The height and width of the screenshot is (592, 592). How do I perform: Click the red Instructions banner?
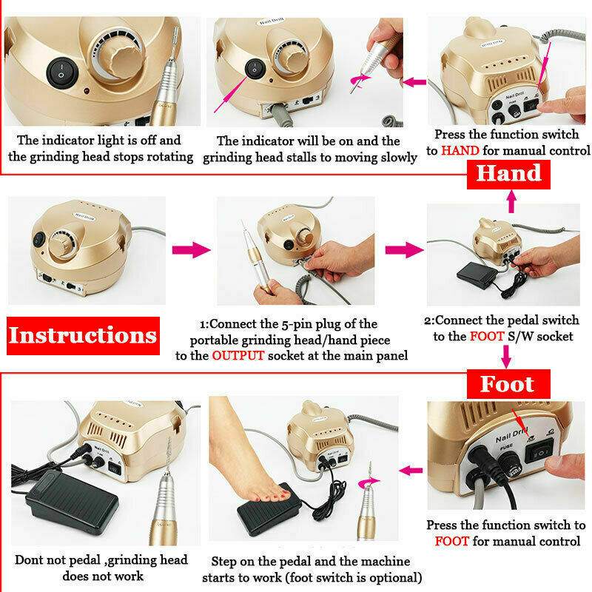click(x=83, y=336)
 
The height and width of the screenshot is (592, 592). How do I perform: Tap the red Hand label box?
click(x=508, y=175)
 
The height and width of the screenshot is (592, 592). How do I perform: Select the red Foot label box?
click(x=508, y=384)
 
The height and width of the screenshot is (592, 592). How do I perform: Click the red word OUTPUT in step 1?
click(x=238, y=356)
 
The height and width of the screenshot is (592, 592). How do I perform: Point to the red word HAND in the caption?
click(x=460, y=151)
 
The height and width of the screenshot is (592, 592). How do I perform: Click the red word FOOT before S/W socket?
click(x=487, y=337)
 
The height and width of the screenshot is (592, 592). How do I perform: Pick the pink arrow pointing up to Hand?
click(x=511, y=201)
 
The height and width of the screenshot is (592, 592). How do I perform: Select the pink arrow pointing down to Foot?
click(x=506, y=357)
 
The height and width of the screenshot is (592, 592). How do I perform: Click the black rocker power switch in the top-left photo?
click(x=62, y=73)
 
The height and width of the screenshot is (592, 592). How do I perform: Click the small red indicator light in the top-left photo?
click(x=87, y=91)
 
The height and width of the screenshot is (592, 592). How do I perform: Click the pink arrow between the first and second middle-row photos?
click(x=192, y=250)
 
